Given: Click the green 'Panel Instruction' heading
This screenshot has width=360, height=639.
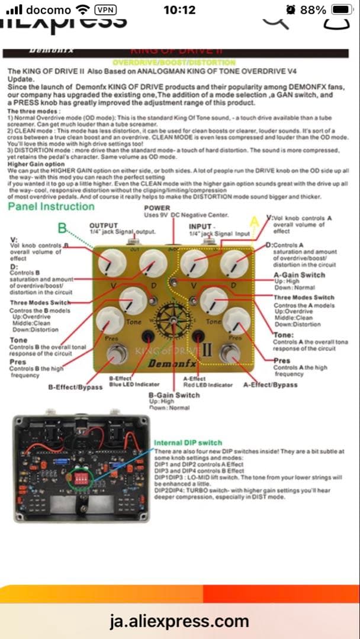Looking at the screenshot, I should point(51,206).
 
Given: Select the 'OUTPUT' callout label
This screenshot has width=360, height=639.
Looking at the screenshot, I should point(103,225).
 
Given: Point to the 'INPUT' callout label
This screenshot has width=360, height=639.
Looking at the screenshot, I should point(200,227).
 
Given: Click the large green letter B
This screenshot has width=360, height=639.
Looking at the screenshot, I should point(62,228).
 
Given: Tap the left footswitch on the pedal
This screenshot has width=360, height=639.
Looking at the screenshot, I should point(117,355).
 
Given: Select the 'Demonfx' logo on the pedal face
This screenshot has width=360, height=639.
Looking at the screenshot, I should point(172,363).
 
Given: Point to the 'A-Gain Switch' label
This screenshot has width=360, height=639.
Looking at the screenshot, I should point(299,275).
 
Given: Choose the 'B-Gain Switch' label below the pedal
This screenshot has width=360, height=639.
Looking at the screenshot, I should point(173,395).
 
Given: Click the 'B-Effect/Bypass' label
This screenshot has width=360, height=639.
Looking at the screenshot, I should point(74,387).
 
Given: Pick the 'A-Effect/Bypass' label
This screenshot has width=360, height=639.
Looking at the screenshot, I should point(271,385).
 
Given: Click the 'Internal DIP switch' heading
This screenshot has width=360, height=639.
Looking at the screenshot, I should point(188,443).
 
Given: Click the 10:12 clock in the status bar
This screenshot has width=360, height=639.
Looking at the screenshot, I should point(179,10).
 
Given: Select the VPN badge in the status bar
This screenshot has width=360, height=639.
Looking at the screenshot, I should point(105,10).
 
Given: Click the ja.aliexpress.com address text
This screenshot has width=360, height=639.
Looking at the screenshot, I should point(179,621).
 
